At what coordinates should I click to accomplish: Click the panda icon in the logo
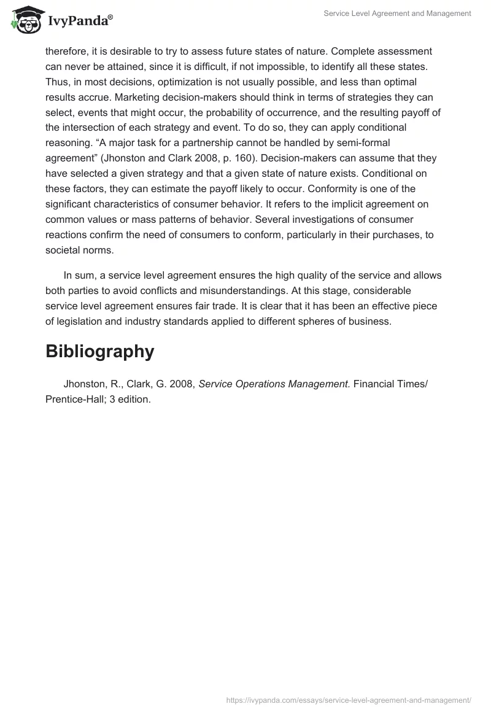[x=25, y=20]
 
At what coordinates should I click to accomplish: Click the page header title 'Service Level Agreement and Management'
[x=398, y=14]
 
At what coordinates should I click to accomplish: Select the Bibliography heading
[x=99, y=351]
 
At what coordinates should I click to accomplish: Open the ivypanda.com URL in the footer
[x=349, y=699]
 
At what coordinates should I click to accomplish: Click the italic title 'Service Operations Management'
[x=274, y=384]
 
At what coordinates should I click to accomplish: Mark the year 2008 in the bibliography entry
[x=182, y=384]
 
